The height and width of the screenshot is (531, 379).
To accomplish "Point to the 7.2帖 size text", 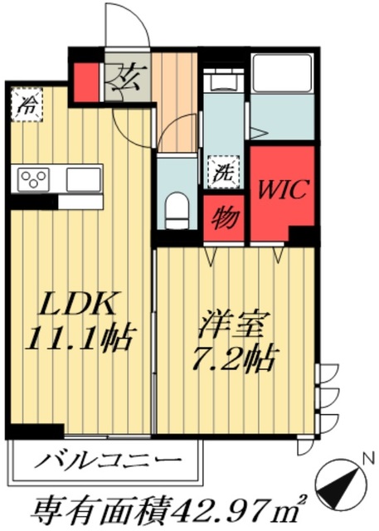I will coord(235,358).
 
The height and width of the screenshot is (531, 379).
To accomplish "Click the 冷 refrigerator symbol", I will coord(29,105).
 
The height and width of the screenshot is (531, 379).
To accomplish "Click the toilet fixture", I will coord(177,207).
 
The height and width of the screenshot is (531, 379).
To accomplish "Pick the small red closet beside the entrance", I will coord(86,79).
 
